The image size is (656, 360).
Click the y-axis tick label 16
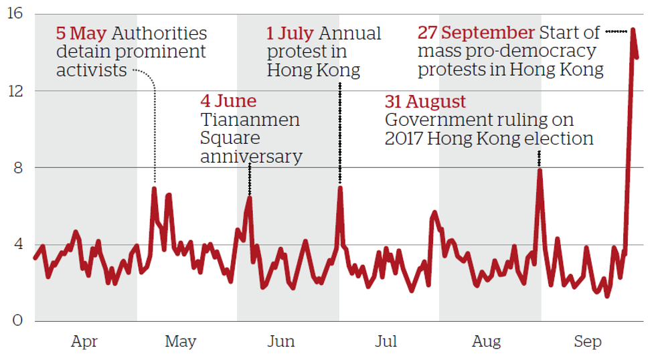point(14,14)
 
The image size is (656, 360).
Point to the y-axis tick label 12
point(14,91)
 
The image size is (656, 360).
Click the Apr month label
point(84,343)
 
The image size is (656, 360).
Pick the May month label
point(180,343)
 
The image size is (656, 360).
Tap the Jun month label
point(280,343)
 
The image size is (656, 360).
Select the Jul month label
point(386,343)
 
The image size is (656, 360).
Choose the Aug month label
point(486,343)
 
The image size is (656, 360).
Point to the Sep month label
point(588,343)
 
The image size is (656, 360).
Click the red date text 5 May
point(82,33)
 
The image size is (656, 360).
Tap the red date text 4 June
point(228,102)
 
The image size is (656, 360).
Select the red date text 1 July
point(291,33)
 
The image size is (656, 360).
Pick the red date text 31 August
point(425,102)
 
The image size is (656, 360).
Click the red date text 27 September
point(476,33)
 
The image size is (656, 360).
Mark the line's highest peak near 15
point(633,30)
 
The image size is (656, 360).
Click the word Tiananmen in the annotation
point(250,120)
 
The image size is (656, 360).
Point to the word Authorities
point(159,33)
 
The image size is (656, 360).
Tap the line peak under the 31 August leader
point(540,170)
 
